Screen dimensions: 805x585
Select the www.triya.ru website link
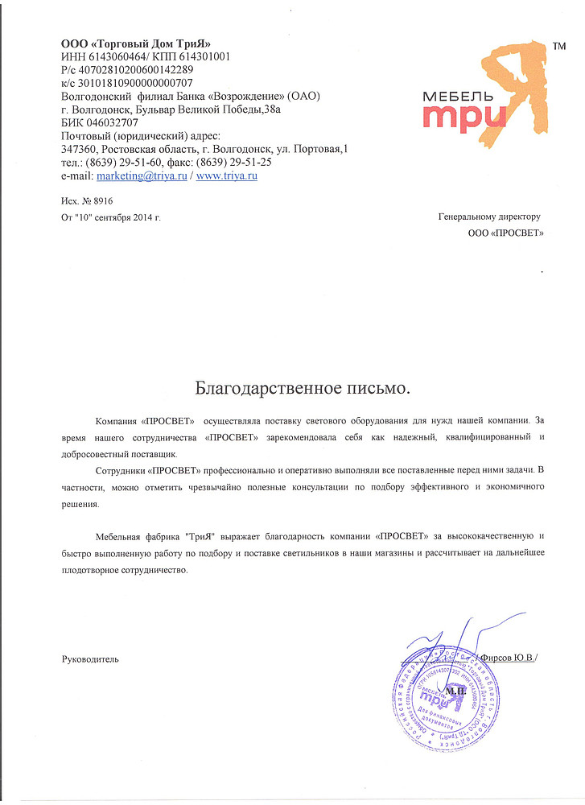[x=227, y=175]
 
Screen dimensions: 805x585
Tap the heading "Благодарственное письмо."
[x=303, y=389]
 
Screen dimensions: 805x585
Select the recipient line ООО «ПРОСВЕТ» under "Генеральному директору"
[x=505, y=233]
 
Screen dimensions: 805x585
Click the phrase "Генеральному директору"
[x=489, y=217]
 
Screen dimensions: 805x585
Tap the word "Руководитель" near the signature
[x=90, y=658]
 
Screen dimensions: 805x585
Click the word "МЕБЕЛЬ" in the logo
[x=453, y=96]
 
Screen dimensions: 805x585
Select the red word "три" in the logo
[x=468, y=118]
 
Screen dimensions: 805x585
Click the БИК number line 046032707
[x=100, y=123]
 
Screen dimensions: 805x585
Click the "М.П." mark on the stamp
[x=454, y=690]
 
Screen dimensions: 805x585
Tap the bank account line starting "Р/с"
[x=127, y=70]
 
